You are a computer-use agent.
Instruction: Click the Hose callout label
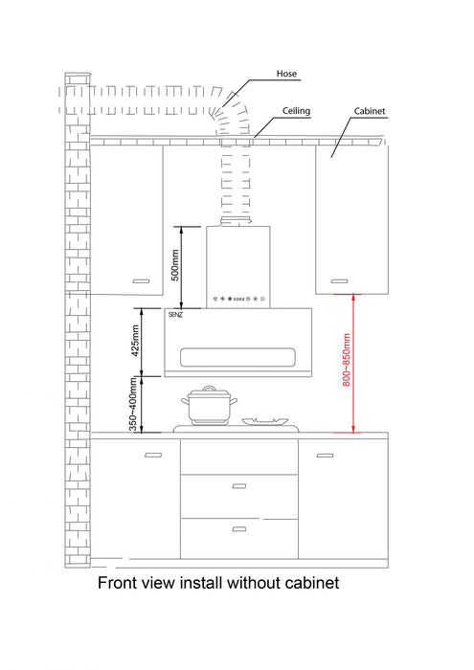[286, 74]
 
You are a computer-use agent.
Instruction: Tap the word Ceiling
[296, 111]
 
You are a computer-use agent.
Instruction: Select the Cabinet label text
[370, 111]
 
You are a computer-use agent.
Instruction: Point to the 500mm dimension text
[175, 265]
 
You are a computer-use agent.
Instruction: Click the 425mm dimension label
[135, 341]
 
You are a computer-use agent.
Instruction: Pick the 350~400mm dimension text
[133, 404]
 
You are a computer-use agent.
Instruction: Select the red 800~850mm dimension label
[347, 360]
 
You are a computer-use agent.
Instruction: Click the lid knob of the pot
[210, 388]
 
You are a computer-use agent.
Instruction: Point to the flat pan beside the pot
[265, 422]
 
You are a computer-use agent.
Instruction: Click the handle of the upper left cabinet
[142, 281]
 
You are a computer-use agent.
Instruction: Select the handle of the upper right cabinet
[339, 281]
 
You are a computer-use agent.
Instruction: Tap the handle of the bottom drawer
[239, 529]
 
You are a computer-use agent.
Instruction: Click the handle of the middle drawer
[239, 486]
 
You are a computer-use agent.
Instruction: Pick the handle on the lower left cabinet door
[153, 455]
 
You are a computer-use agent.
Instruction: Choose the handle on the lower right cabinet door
[325, 456]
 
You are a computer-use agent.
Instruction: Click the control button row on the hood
[239, 299]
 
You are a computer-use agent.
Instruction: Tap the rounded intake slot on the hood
[237, 357]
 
